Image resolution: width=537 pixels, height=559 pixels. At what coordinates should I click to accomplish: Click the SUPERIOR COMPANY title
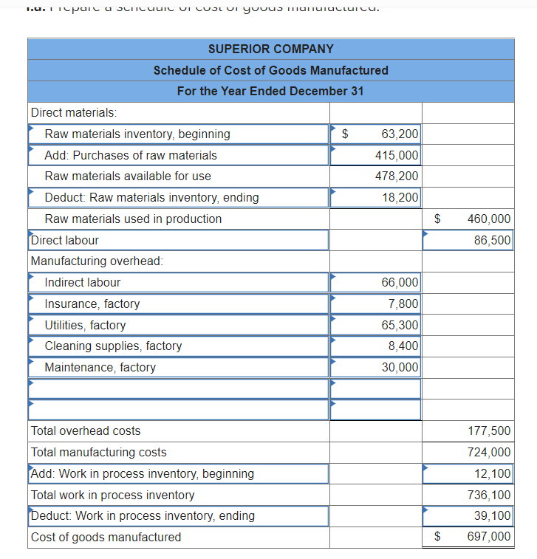coord(270,49)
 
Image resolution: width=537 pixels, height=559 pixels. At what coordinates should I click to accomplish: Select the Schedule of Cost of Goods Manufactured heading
coord(270,70)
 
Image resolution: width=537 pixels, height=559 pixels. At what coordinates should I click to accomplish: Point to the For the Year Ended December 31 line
coord(270,91)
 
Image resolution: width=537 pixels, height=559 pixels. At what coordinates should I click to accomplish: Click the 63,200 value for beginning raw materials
coord(400,134)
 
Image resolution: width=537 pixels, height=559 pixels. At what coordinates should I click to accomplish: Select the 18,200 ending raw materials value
coord(400,197)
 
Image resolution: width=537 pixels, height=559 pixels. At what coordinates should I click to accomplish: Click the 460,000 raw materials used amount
coord(488,219)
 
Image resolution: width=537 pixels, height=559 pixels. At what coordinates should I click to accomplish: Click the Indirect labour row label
coord(82,282)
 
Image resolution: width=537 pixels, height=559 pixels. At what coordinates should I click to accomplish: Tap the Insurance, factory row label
coord(92,303)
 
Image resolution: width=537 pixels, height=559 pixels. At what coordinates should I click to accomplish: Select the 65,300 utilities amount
coord(400,325)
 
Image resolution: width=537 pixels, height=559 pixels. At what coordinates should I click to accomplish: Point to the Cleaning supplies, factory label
coord(113,346)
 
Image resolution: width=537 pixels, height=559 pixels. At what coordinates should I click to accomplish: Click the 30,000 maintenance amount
coord(400,367)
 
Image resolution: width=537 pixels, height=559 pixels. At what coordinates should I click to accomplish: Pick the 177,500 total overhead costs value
coord(489,431)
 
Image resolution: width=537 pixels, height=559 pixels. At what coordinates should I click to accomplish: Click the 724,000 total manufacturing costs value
coord(489,452)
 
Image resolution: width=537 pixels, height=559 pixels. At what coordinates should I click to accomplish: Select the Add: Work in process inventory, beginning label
coord(143,473)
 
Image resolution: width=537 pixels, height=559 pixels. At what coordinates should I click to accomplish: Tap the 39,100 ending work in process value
coord(491,515)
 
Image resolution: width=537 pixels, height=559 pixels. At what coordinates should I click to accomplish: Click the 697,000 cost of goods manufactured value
coord(489,537)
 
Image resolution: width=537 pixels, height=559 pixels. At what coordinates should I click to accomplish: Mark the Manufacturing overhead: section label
coord(97,261)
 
